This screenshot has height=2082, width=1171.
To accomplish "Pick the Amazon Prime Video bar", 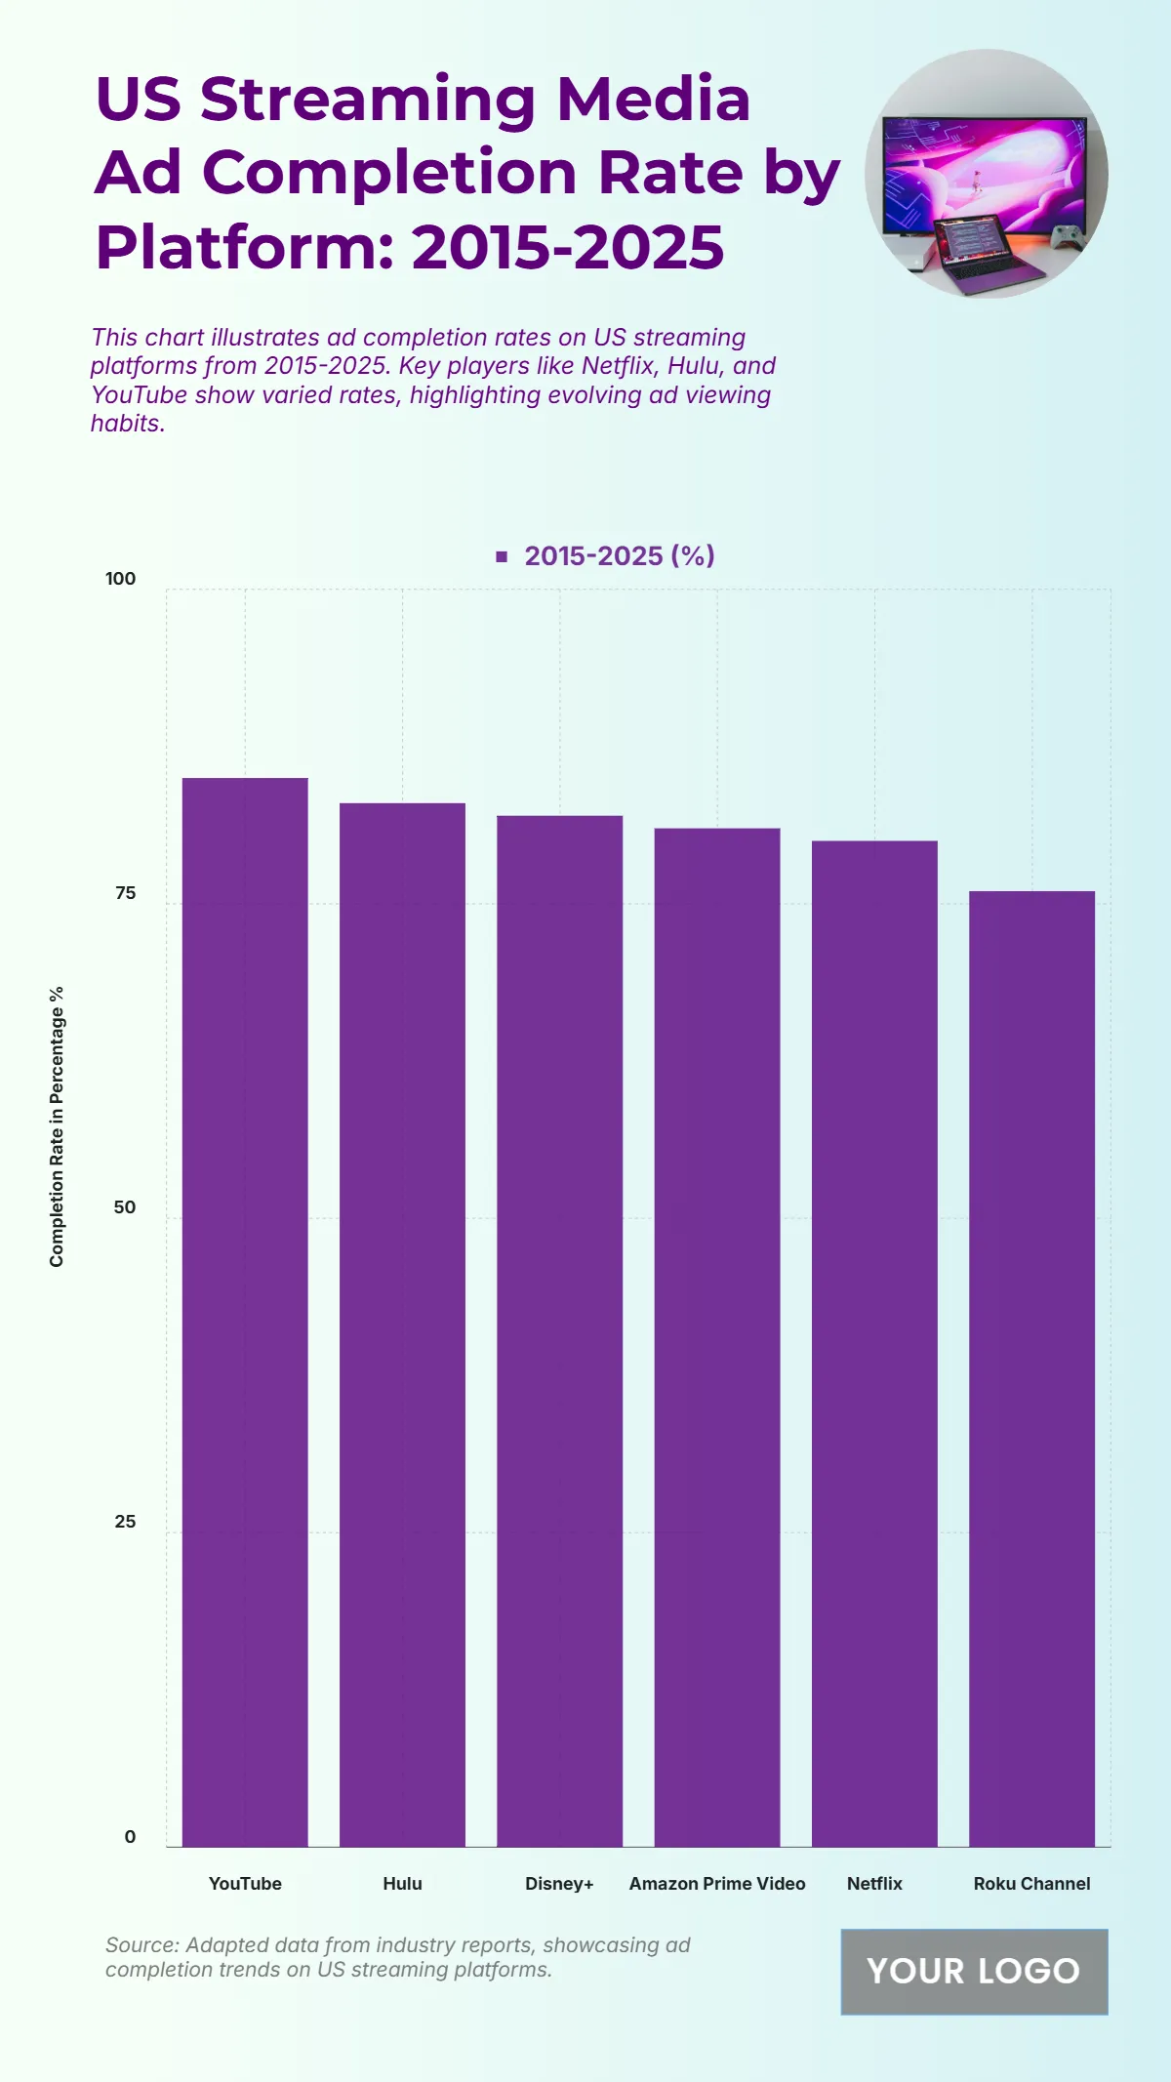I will (717, 1336).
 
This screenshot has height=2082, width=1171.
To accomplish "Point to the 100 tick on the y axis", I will (121, 579).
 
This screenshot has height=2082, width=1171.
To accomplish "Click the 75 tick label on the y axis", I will (125, 893).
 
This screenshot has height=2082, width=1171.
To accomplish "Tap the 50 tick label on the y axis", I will (125, 1207).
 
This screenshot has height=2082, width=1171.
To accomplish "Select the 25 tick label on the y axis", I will (125, 1522).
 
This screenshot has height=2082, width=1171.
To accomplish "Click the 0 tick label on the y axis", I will (130, 1837).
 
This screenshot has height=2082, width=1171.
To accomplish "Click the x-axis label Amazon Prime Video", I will (717, 1884).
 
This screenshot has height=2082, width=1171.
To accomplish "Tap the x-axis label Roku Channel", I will (1031, 1884).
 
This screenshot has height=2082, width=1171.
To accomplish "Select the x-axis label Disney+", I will (559, 1884).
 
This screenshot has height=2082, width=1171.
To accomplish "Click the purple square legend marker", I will (502, 556).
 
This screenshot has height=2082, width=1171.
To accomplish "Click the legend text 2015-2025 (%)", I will (620, 556).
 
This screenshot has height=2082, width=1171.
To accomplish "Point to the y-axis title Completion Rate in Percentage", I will (57, 1126).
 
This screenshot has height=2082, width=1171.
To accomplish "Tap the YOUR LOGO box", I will (974, 1971).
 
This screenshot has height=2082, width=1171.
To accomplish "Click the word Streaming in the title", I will (368, 100).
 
